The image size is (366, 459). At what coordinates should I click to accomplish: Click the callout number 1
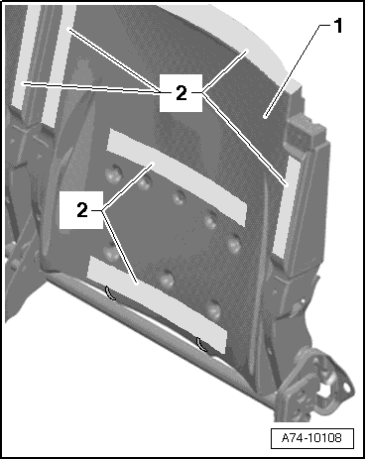coord(337,26)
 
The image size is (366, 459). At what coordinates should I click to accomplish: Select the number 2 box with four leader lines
coord(181,93)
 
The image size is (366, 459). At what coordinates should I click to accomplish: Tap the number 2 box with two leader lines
coord(81,209)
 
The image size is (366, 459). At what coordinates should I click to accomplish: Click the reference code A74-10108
coord(311,438)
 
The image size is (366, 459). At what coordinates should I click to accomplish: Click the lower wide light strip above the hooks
coord(157,303)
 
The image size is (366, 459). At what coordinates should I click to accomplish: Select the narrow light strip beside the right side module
coord(286,206)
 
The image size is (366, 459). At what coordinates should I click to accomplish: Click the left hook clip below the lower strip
coord(110,293)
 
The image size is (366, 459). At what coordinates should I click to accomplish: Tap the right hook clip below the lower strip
coord(202,344)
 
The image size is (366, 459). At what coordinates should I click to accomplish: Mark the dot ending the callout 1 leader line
coord(265,116)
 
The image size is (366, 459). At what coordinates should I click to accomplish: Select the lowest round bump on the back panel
coord(213,309)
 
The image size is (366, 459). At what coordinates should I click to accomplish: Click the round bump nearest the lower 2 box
coord(111,252)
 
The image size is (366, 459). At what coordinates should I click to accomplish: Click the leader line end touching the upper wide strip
coord(153,164)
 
